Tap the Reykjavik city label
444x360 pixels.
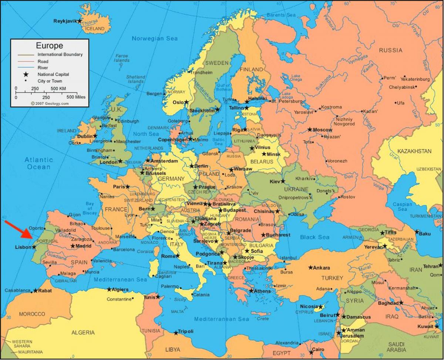[x=65, y=21]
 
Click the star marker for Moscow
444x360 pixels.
[x=310, y=129]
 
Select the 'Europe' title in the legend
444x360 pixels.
[x=49, y=46]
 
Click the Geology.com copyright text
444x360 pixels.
[x=50, y=104]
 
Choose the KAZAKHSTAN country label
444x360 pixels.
[x=414, y=151]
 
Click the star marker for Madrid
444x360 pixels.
[x=73, y=246]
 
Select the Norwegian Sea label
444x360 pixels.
[x=155, y=38]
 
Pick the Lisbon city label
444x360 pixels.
[x=23, y=247]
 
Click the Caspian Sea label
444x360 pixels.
[x=402, y=206]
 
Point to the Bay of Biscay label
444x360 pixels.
[x=90, y=208]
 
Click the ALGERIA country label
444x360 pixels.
[x=83, y=333]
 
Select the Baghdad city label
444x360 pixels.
[x=388, y=303]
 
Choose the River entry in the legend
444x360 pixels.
[x=43, y=68]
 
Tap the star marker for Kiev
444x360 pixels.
[x=283, y=181]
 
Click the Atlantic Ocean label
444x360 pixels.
[x=38, y=163]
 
